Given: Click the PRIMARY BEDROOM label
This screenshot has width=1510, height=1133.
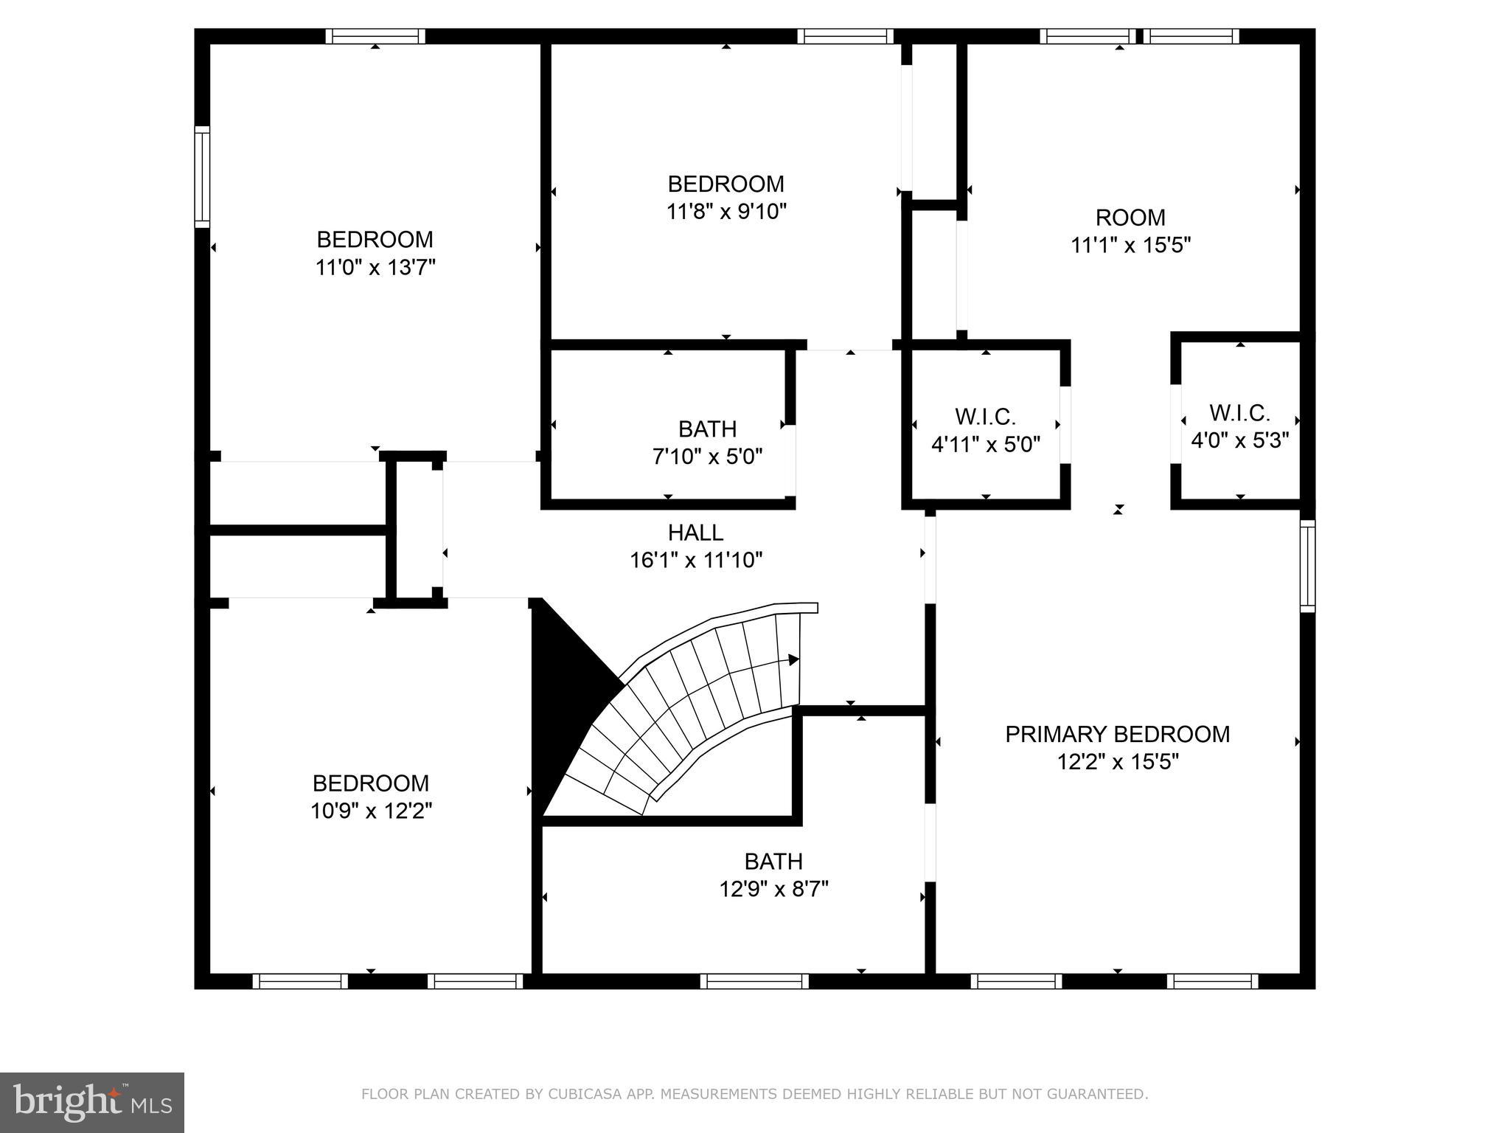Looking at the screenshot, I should click(1117, 734).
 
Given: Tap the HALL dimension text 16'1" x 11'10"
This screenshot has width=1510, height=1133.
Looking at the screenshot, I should click(695, 561).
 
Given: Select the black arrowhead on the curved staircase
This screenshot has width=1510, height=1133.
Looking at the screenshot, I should click(793, 659).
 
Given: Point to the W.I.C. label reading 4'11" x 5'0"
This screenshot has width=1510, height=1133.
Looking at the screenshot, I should click(986, 417).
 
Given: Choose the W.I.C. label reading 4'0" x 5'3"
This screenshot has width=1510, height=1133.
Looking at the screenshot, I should click(1239, 412).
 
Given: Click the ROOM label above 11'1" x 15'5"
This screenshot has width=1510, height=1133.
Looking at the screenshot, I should click(1130, 218).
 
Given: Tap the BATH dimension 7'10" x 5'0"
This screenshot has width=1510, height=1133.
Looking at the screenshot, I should click(707, 457).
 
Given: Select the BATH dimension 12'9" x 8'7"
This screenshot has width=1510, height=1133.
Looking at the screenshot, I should click(773, 889).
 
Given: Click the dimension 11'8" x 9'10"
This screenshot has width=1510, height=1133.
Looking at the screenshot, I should click(726, 212).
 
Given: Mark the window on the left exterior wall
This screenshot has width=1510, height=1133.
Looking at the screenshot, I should click(202, 176).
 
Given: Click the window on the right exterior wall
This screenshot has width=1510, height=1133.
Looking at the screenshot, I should click(1307, 566).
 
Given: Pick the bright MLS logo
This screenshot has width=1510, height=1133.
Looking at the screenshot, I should click(91, 1102).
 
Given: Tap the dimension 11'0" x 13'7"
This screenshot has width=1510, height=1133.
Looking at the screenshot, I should click(375, 267).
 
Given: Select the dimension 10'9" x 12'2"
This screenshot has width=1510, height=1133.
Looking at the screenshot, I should click(371, 811).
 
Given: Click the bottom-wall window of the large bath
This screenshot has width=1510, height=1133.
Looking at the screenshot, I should click(754, 981).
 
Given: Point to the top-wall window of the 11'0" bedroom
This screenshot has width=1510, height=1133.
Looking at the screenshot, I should click(375, 36).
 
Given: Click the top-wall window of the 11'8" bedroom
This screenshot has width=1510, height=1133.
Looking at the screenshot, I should click(845, 36).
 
